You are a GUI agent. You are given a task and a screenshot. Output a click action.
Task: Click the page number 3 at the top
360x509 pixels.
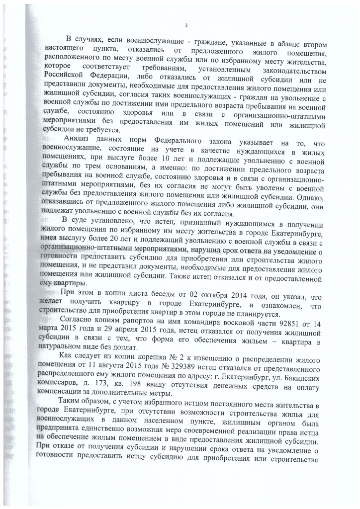click(185, 26)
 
